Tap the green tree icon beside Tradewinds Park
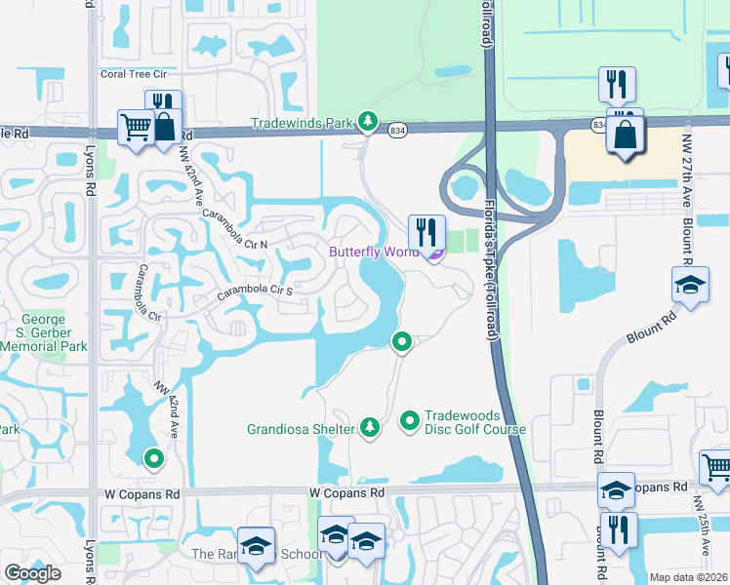(368, 122)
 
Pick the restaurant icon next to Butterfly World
(426, 232)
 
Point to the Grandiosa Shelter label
(299, 427)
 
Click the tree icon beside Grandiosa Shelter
(370, 427)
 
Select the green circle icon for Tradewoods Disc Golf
(410, 421)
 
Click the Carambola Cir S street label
(256, 291)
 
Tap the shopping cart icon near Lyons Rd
(136, 127)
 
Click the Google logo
(32, 573)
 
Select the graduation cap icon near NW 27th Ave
(690, 286)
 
